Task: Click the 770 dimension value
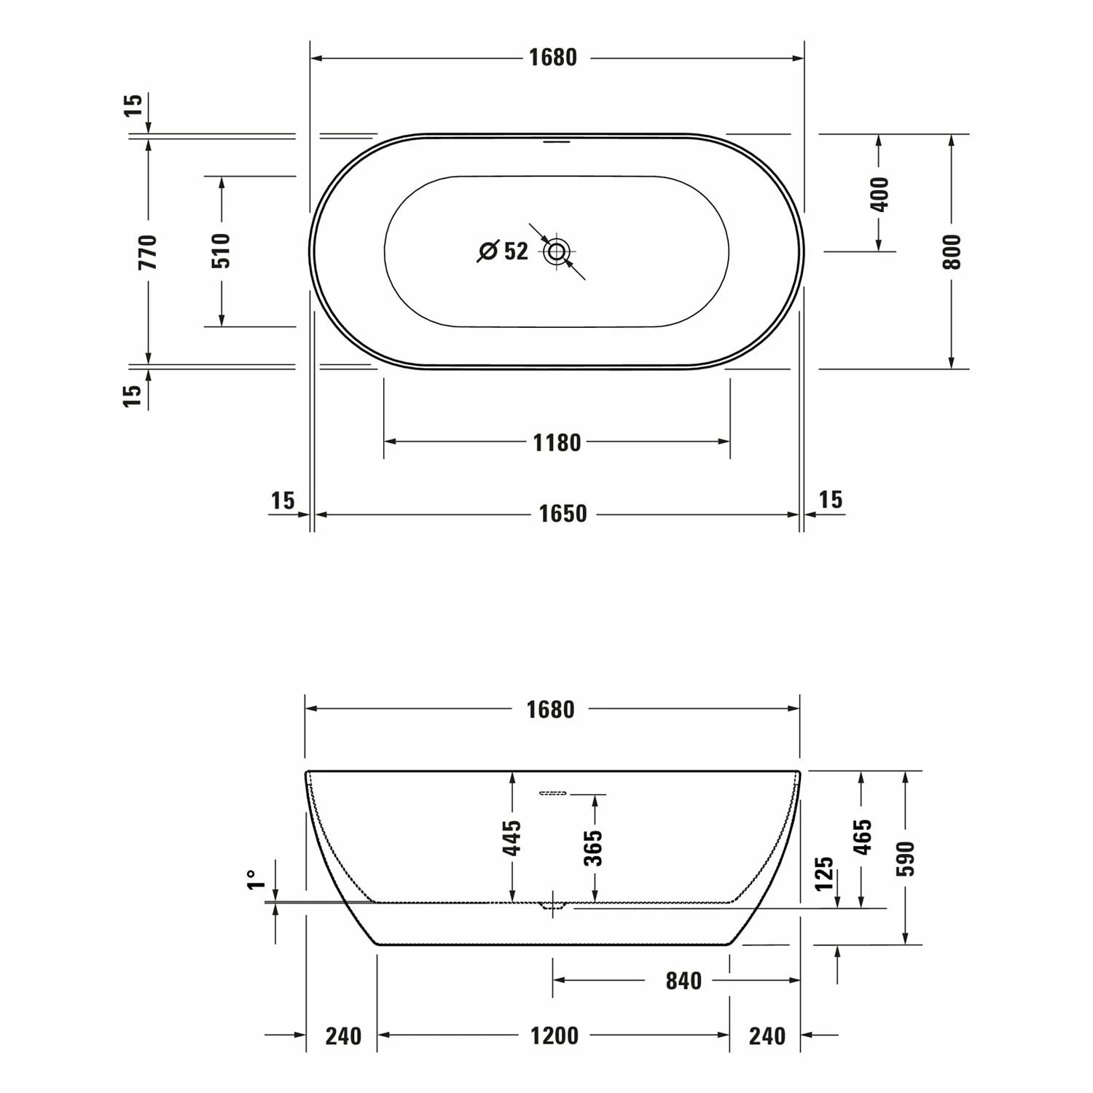tap(148, 251)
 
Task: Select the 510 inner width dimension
tap(222, 251)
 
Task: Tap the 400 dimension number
tap(880, 194)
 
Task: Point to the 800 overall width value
tap(952, 251)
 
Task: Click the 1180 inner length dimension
tap(557, 442)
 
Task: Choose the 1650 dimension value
tap(563, 514)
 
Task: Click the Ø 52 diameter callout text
tap(504, 251)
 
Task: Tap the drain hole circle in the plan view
tap(557, 252)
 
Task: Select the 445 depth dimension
tap(512, 838)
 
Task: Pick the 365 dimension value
tap(595, 847)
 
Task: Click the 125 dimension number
tap(823, 874)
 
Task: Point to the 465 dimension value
tap(862, 837)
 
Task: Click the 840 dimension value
tap(683, 981)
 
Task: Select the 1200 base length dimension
tap(555, 1035)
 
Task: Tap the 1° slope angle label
tap(253, 880)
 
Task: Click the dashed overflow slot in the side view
tap(553, 793)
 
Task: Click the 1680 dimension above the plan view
tap(553, 58)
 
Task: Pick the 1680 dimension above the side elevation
tap(551, 709)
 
